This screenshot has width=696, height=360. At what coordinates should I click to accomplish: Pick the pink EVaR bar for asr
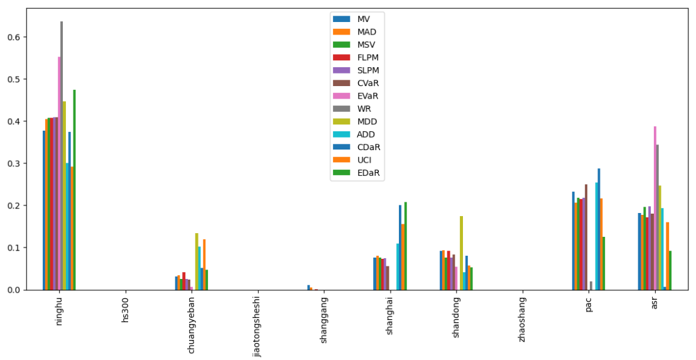(x=655, y=208)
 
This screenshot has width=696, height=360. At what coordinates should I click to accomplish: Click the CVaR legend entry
(x=367, y=83)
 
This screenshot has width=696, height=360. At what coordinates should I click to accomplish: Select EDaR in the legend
(x=369, y=173)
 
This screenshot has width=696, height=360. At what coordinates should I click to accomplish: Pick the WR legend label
(x=364, y=109)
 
